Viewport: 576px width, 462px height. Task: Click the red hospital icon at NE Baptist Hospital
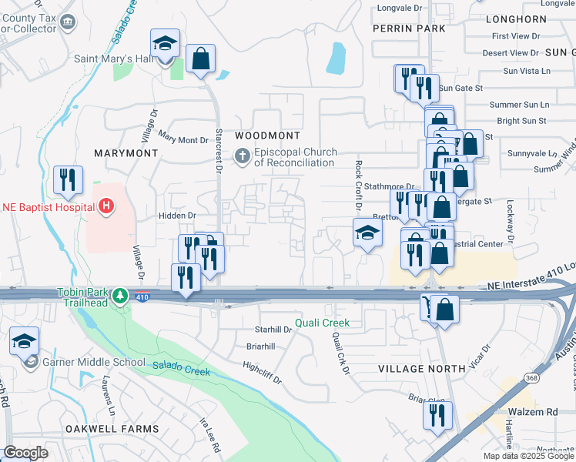tap(106, 206)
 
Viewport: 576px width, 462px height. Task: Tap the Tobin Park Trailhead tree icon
tap(119, 296)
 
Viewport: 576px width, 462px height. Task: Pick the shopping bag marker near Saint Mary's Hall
tap(200, 59)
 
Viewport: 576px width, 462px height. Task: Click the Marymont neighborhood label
tap(126, 153)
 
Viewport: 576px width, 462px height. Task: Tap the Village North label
tap(421, 369)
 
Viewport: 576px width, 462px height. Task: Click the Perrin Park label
tap(408, 28)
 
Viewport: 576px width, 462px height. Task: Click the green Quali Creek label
tap(324, 323)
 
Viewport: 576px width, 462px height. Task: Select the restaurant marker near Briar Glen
tap(437, 416)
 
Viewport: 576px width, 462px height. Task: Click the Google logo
tap(25, 453)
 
